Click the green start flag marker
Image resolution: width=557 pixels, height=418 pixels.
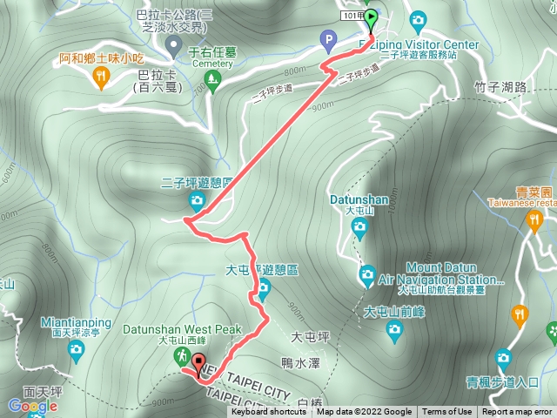[371, 17]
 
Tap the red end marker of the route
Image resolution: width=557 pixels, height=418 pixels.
[199, 363]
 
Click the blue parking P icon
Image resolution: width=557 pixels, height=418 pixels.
[328, 38]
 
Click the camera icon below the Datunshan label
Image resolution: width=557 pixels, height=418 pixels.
[359, 227]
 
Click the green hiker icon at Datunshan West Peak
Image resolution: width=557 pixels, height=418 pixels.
[183, 356]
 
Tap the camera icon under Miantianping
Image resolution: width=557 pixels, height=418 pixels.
[76, 351]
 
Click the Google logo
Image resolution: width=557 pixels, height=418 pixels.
[32, 406]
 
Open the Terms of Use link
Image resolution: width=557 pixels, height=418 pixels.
[446, 412]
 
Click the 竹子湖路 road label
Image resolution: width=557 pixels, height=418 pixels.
[502, 86]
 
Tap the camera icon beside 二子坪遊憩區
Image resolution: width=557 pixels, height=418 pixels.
[196, 202]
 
